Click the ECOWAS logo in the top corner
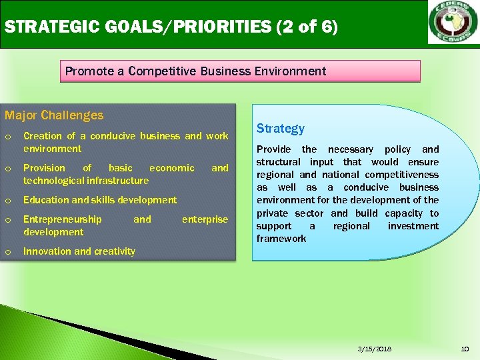tap(453, 24)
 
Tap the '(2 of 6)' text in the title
tap(305, 27)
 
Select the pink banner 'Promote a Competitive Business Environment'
tap(196, 71)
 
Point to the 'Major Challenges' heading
tap(54, 115)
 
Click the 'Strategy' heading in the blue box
tap(280, 128)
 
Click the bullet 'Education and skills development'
tap(100, 200)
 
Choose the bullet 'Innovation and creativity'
tap(79, 251)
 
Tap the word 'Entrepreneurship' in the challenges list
tap(63, 219)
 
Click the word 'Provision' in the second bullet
tap(44, 168)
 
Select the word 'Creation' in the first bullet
tap(42, 136)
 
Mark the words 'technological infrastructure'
tap(86, 181)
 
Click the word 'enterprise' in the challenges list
tap(205, 219)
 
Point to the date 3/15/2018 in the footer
tap(375, 349)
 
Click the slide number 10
tap(465, 349)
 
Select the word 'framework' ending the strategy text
tap(281, 239)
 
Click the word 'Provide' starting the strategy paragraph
tap(273, 149)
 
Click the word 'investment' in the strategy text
tap(413, 226)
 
